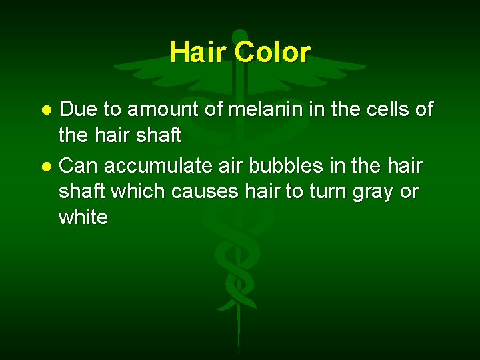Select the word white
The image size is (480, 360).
[83, 217]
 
